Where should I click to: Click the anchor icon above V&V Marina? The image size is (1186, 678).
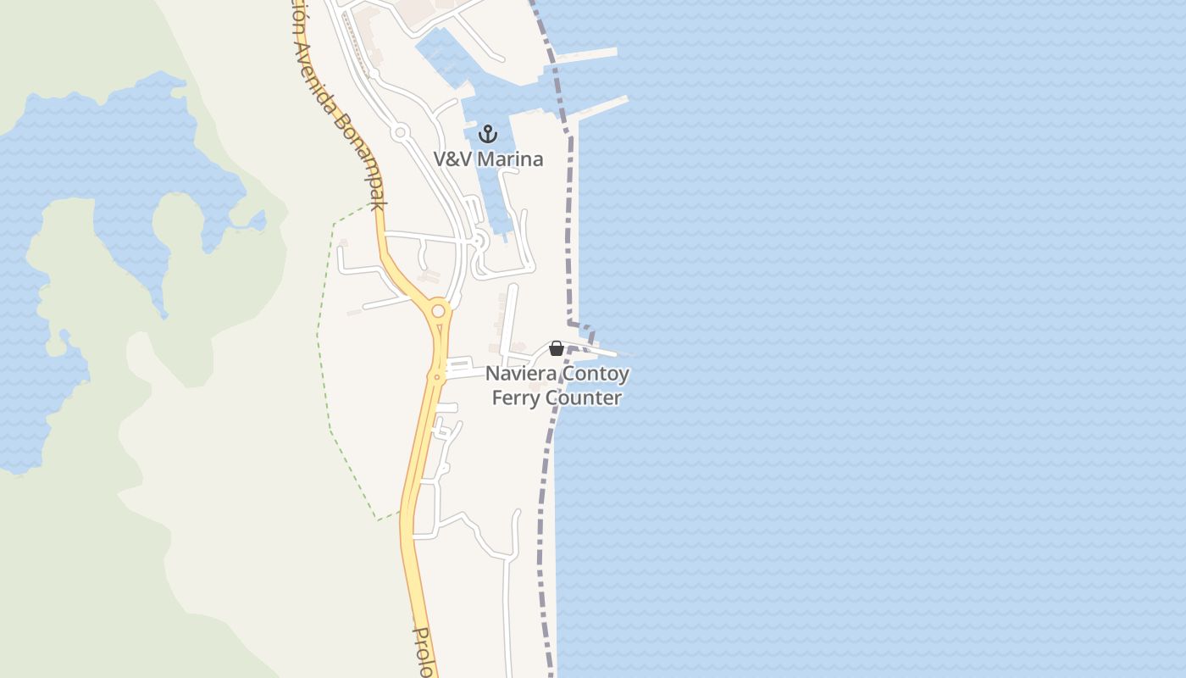pos(487,133)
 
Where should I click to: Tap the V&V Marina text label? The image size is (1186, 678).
pos(488,158)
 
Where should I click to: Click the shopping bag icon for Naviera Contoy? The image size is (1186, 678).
pos(557,348)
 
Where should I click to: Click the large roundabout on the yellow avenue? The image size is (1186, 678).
pos(438,311)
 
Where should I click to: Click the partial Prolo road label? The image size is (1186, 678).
pos(424,652)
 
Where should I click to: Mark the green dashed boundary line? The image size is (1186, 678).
pos(322,356)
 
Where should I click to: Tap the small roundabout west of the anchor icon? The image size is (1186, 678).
pos(401,132)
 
